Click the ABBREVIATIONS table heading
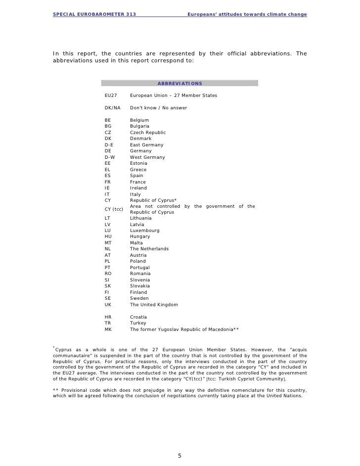(x=179, y=83)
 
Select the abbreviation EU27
(x=111, y=95)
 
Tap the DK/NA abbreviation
(x=112, y=108)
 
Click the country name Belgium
(x=139, y=120)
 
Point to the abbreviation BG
(x=108, y=126)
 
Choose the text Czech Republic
(x=148, y=133)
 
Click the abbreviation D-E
(x=109, y=145)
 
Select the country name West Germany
(x=147, y=157)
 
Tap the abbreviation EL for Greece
(x=108, y=170)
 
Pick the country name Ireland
(x=138, y=188)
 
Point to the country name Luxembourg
(x=144, y=230)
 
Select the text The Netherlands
(x=149, y=249)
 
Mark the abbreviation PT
(x=108, y=267)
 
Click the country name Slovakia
(x=140, y=286)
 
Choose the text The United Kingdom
(x=154, y=305)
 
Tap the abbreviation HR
(x=108, y=317)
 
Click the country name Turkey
(x=138, y=323)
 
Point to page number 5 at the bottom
(x=180, y=456)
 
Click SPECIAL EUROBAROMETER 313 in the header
(x=94, y=14)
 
